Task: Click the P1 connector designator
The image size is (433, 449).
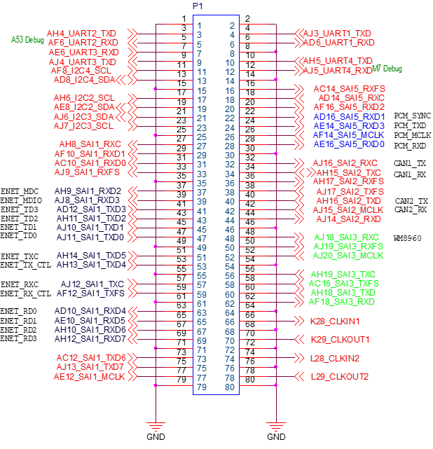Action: [198, 6]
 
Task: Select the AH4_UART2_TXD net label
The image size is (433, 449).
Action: [81, 34]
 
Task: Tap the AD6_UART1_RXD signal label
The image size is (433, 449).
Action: [338, 43]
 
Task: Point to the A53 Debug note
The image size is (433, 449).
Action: [27, 40]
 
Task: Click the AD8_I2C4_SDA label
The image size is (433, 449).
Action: [85, 80]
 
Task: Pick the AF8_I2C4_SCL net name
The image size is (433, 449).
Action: [81, 71]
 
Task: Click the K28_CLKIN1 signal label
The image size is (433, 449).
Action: [336, 322]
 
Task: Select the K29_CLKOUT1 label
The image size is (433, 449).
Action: [341, 340]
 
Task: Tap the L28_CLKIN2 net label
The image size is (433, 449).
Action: [336, 359]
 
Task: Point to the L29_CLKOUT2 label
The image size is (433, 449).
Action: [341, 377]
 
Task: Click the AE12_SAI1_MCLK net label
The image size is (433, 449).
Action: [89, 377]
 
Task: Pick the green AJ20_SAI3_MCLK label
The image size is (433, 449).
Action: [349, 256]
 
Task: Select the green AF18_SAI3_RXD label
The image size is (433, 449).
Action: [343, 302]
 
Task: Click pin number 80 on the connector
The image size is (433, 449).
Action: [230, 387]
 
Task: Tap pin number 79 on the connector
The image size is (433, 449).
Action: [202, 387]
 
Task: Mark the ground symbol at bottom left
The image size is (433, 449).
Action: [155, 424]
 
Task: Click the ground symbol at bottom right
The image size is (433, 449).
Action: [276, 424]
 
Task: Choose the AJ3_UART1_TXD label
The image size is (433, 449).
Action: [338, 34]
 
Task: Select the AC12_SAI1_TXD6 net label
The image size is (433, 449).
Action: [91, 359]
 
